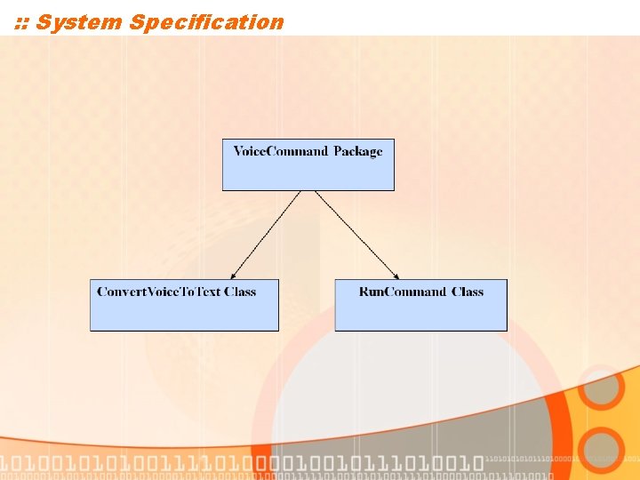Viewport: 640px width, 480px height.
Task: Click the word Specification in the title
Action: click(x=206, y=22)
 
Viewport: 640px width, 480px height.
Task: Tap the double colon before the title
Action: click(x=22, y=23)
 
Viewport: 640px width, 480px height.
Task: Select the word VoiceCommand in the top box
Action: click(x=280, y=151)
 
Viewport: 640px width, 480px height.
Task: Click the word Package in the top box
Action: click(x=358, y=151)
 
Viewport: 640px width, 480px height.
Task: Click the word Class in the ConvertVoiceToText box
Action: click(x=240, y=292)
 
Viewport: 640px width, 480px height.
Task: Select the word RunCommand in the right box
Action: click(x=403, y=292)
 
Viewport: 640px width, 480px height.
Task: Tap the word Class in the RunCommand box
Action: click(x=468, y=292)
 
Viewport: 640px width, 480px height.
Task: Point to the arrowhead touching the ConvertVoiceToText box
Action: click(x=233, y=275)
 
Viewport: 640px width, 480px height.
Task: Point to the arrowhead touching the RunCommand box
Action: click(x=395, y=275)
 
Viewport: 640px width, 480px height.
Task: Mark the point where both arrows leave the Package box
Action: click(x=308, y=191)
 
